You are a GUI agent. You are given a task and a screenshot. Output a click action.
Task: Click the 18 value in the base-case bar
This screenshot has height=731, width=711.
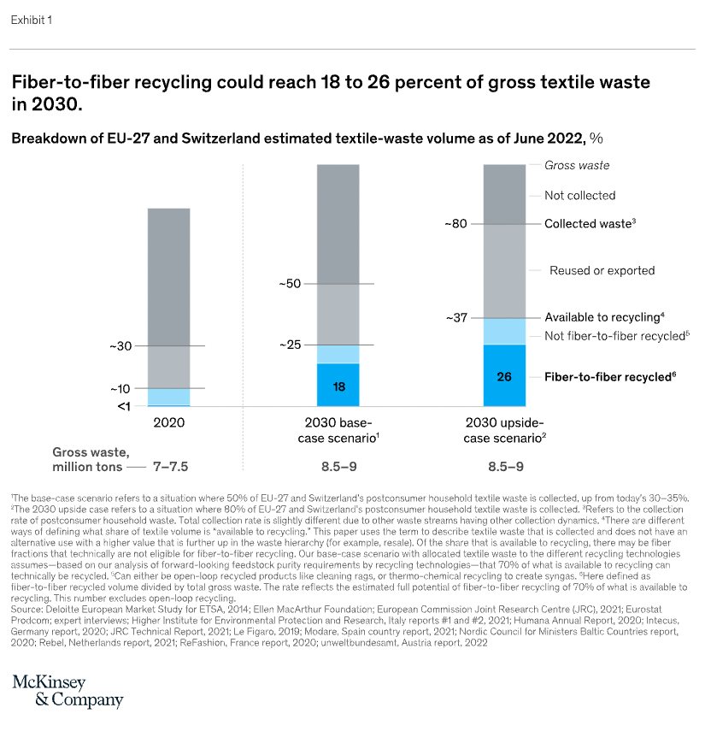(338, 386)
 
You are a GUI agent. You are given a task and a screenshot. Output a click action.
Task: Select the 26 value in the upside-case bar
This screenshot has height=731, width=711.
(504, 375)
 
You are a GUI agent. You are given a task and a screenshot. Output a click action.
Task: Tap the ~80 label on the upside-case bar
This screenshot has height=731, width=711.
(455, 224)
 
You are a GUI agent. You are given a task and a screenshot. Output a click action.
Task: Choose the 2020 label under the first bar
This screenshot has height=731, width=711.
(168, 422)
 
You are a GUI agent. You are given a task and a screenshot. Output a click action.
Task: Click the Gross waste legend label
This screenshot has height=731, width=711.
(577, 165)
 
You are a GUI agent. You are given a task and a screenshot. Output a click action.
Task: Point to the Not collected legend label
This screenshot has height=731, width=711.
(579, 196)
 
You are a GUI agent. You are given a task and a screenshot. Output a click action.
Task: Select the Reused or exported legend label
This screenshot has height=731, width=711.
(602, 271)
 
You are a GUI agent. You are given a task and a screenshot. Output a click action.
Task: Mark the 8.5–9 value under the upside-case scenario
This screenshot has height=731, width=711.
(504, 467)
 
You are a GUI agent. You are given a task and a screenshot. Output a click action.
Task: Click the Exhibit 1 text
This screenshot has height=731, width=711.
(32, 21)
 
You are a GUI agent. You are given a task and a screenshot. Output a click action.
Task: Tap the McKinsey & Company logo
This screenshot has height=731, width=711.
(68, 691)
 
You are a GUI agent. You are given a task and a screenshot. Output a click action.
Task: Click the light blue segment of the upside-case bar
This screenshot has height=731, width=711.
(504, 331)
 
